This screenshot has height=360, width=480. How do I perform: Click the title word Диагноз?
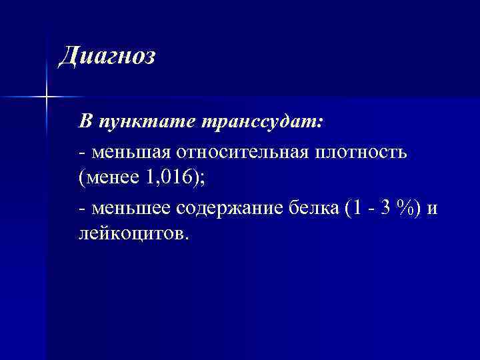click(107, 57)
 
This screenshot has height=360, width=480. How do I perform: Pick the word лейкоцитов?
click(132, 233)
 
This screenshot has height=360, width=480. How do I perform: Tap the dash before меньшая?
click(81, 153)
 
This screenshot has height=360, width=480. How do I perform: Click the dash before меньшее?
click(81, 209)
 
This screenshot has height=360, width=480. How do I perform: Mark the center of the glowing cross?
click(47, 97)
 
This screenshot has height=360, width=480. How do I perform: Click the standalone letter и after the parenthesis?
click(433, 209)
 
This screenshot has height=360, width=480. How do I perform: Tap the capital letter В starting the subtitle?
click(85, 123)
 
